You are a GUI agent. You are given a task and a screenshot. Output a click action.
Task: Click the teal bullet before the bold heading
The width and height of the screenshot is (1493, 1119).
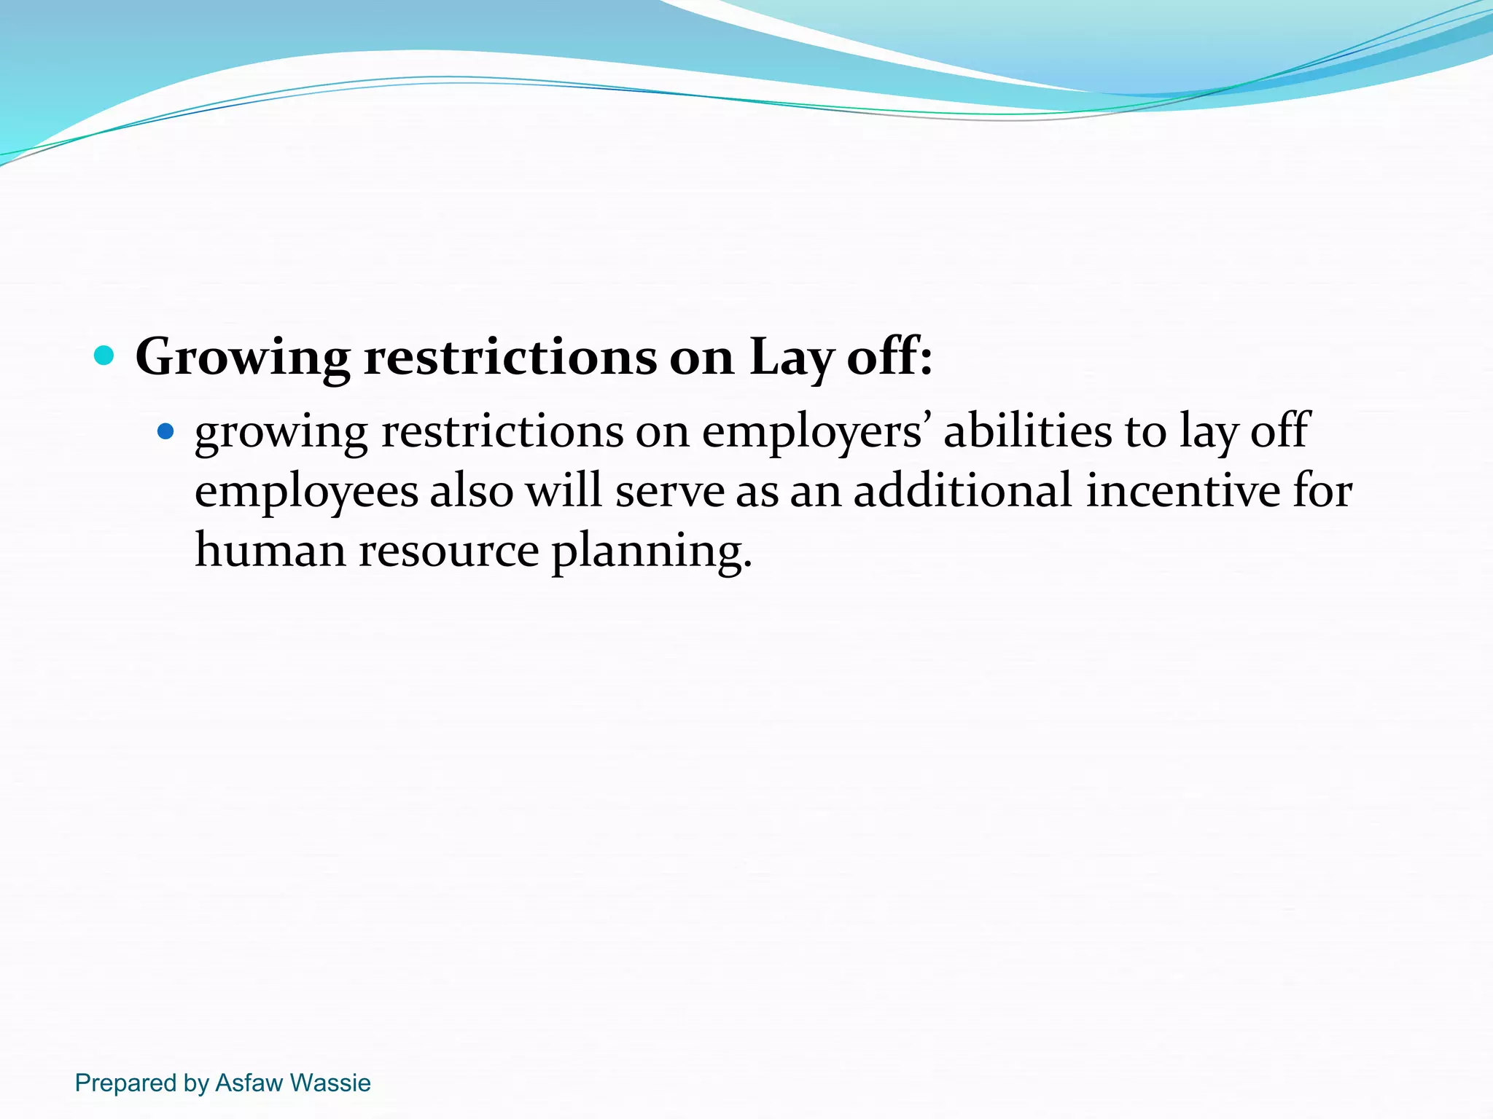pos(105,356)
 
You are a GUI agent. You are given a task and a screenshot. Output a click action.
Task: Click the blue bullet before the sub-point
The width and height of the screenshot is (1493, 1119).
pos(166,432)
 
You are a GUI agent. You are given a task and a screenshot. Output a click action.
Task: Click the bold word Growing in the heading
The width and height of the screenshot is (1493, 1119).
pos(243,358)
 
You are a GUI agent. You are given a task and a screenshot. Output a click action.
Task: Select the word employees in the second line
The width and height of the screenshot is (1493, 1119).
pos(306,492)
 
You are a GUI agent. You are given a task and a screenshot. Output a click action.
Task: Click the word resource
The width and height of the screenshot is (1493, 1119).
pos(448,551)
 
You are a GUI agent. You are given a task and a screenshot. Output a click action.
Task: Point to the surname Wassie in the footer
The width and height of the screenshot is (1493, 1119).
pos(331,1083)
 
